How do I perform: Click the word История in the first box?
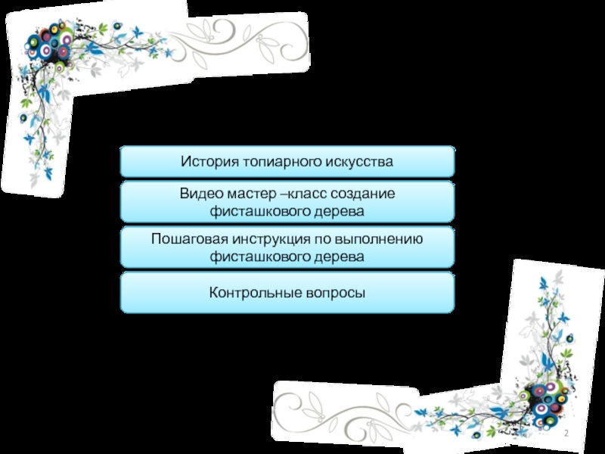click(209, 162)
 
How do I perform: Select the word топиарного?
click(280, 162)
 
